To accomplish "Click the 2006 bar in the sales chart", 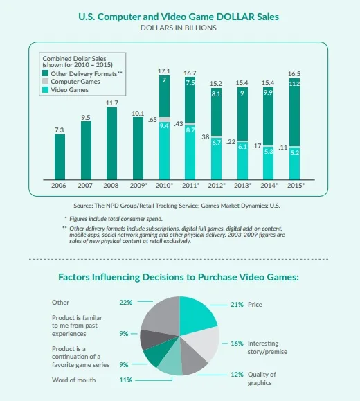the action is coord(60,157).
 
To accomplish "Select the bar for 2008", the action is coord(111,143).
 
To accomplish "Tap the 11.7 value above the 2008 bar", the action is coord(112,103).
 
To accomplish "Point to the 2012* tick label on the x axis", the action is coord(217,185).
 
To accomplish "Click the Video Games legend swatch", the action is coord(45,90).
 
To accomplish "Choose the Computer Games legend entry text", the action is coord(75,82).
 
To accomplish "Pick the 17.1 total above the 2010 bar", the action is coord(164,71).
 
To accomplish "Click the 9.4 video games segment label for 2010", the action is coord(164,125).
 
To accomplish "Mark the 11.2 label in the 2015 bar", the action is coord(294,84).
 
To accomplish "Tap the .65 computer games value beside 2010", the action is coord(152,120).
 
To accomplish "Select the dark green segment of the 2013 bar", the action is coord(242,114).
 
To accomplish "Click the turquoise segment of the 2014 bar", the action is coord(269,163).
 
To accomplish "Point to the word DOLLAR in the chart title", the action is coord(235,17).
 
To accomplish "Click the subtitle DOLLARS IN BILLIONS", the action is coord(179,28).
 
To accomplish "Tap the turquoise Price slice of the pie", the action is coord(196,313).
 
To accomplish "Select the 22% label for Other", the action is coord(125,303).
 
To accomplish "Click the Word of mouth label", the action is coord(73,380).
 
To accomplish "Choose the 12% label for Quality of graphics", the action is coord(237,375).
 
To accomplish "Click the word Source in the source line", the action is coord(83,206).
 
